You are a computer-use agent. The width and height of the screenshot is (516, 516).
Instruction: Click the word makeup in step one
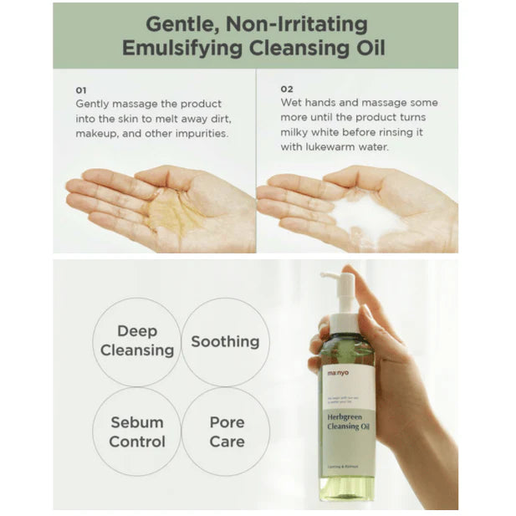[x=99, y=134]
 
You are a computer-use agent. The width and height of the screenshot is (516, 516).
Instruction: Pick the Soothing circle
[x=225, y=341]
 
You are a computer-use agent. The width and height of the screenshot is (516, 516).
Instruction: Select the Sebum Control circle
[x=137, y=431]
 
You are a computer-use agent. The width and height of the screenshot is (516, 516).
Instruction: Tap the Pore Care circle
[x=227, y=431]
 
